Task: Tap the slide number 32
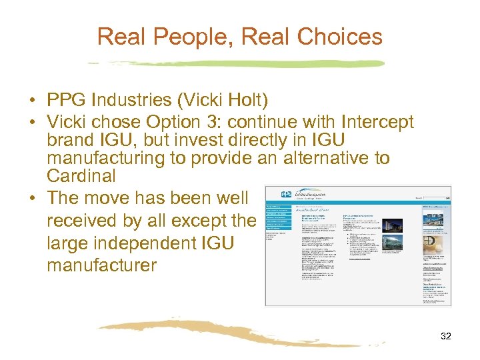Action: click(x=446, y=337)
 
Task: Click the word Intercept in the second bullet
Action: click(x=377, y=123)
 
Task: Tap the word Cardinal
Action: click(x=81, y=176)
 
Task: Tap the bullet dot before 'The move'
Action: click(x=32, y=199)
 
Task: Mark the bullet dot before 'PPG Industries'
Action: click(x=32, y=101)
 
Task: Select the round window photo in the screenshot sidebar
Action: click(x=433, y=237)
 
